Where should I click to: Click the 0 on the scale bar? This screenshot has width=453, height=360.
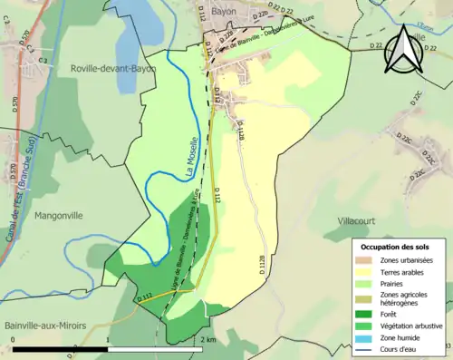coord(13,340)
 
